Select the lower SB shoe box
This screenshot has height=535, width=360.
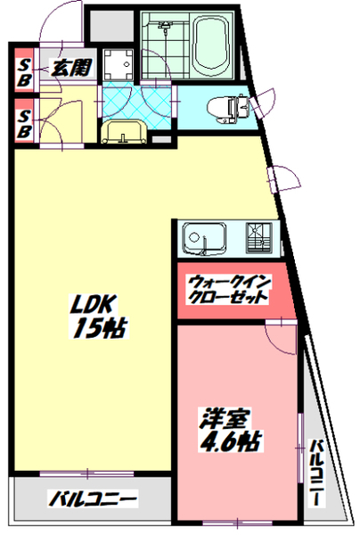pos(25,123)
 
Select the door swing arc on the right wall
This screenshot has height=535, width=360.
pos(282,178)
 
